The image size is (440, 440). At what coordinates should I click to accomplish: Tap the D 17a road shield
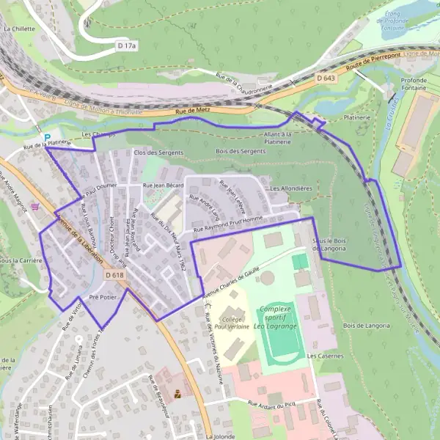coord(127,46)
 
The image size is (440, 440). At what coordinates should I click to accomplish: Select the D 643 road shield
coord(326,77)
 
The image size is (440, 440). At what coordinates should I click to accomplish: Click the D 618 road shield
coord(114,274)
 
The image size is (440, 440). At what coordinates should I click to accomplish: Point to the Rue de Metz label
coord(192,111)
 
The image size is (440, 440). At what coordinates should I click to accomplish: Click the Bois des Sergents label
coord(241,151)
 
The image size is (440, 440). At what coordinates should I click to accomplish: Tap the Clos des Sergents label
coord(158,152)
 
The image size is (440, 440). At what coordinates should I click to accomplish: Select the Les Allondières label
coord(291,188)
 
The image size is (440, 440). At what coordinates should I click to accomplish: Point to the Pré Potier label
coord(103,298)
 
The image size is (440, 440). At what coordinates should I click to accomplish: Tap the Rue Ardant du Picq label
coord(273,403)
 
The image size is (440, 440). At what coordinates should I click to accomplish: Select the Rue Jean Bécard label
coord(163,186)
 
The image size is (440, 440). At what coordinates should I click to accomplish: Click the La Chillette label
coord(19,29)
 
